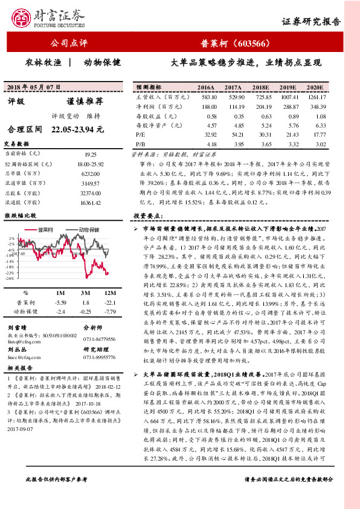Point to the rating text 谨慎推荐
[x=76, y=102]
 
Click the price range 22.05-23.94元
[x=79, y=129]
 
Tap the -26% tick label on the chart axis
[x=10, y=279]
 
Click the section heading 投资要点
[x=149, y=216]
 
